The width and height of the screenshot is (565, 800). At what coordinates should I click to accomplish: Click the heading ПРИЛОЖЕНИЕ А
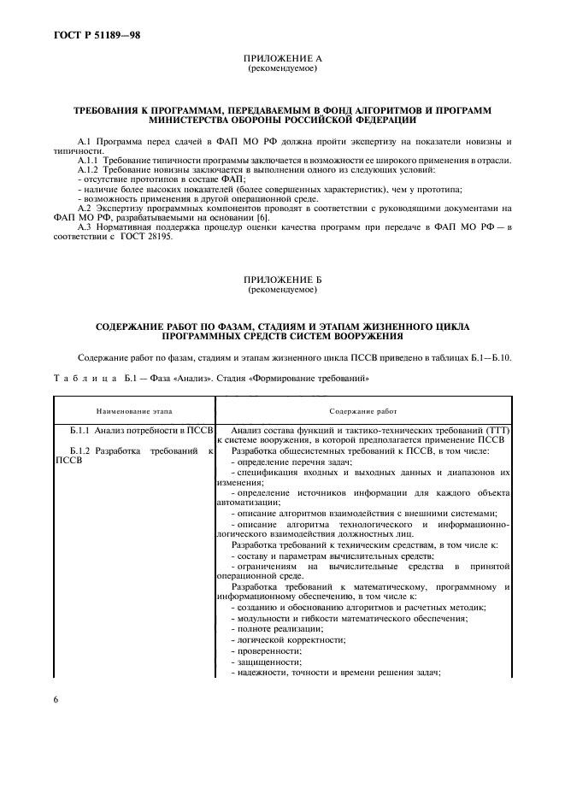[282, 58]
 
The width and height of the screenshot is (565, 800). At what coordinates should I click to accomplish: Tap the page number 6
[56, 699]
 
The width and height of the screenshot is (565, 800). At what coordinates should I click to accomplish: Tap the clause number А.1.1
[89, 160]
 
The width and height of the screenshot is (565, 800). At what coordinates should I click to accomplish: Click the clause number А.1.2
[89, 169]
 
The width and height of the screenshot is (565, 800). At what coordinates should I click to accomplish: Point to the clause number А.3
[85, 228]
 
